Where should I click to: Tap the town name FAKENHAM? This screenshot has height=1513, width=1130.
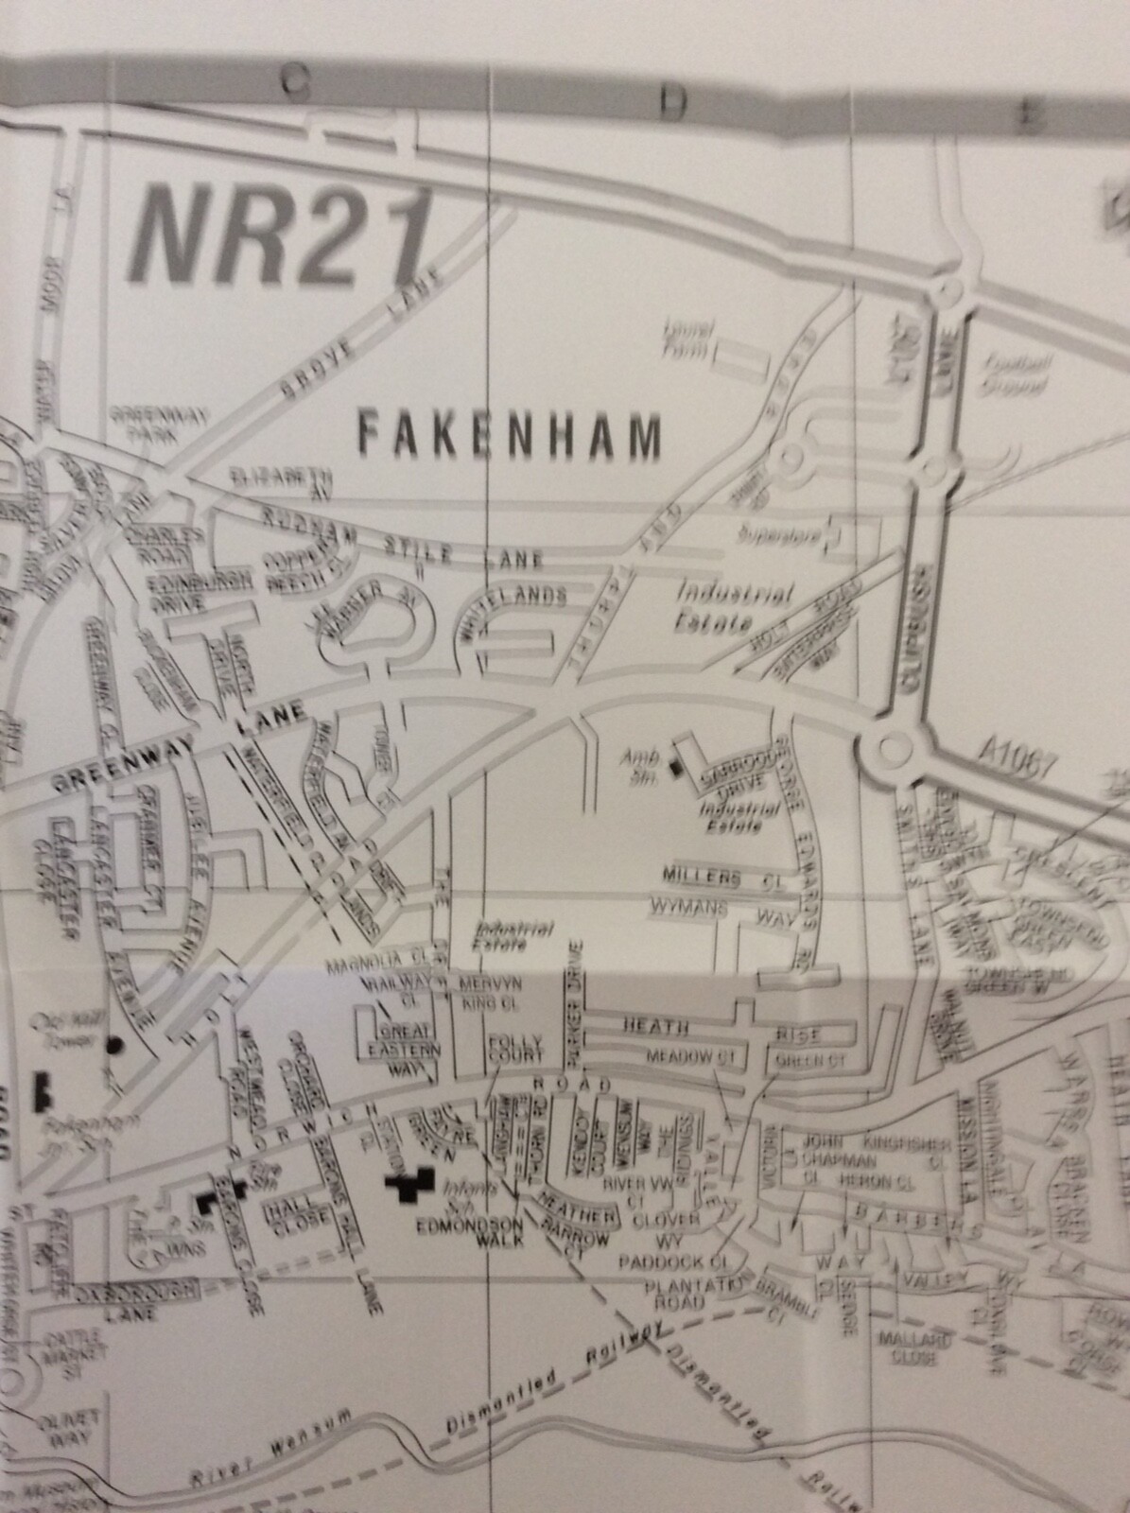point(509,438)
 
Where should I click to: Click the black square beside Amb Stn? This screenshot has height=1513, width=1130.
point(674,769)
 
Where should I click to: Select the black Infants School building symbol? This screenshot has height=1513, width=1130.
point(409,1183)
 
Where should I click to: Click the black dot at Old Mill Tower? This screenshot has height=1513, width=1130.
point(114,1046)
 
